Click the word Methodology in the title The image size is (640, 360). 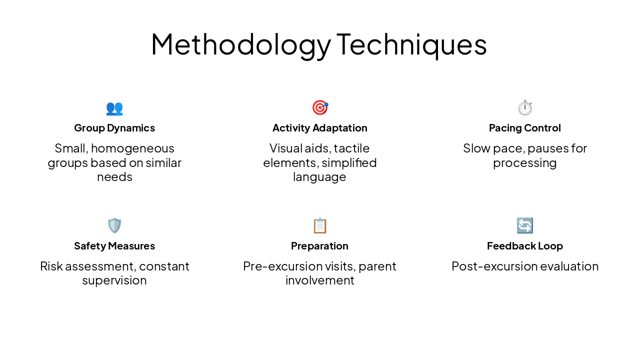240,44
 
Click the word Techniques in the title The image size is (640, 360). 411,44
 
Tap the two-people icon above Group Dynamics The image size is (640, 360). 114,108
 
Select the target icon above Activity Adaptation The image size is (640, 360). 320,107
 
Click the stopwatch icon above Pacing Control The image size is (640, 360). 525,107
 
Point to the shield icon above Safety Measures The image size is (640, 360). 114,225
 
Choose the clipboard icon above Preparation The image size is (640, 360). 320,225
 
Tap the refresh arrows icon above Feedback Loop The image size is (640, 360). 525,225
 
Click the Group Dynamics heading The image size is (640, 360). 114,128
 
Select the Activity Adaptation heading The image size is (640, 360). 320,128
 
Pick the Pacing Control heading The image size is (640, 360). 525,128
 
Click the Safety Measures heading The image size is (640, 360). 114,246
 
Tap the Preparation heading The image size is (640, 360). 320,246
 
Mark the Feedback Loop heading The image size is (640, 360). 525,246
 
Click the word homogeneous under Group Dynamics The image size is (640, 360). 132,148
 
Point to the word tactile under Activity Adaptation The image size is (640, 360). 351,148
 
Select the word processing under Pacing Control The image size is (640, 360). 525,163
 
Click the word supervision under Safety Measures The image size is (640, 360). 114,280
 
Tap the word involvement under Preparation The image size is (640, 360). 320,280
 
